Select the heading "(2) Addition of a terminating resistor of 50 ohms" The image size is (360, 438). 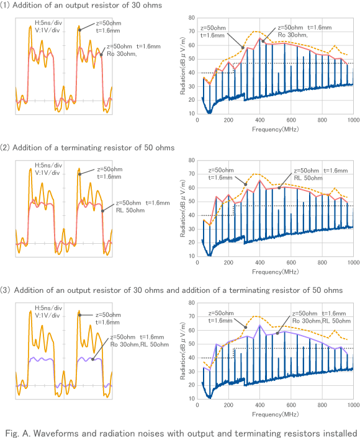88,148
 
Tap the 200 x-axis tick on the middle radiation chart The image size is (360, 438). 228,262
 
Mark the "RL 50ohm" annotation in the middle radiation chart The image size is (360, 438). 307,177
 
